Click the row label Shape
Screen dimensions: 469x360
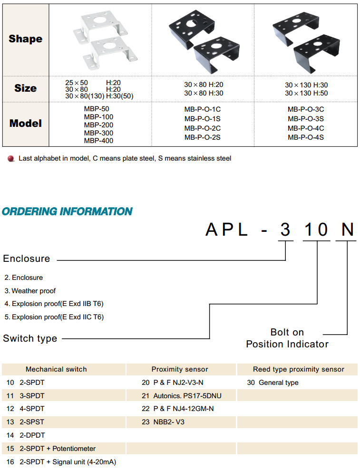[x=25, y=39]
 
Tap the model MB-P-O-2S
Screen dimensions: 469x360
[x=203, y=137]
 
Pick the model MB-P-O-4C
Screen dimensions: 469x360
[x=306, y=128]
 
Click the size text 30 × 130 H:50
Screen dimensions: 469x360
[x=306, y=93]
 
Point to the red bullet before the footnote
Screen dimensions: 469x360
[x=11, y=158]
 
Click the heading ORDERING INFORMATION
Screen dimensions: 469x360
[x=67, y=211]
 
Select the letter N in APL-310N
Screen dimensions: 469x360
[x=348, y=230]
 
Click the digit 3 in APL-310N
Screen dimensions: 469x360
[x=285, y=230]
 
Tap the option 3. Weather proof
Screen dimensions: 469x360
[x=30, y=291]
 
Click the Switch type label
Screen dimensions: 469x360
[x=30, y=338]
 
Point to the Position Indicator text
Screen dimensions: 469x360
[x=287, y=344]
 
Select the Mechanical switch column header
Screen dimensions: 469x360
[x=56, y=369]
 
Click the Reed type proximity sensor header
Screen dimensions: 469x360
[x=298, y=369]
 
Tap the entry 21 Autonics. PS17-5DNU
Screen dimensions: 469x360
[x=181, y=395]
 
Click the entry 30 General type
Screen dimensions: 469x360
[x=272, y=383]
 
